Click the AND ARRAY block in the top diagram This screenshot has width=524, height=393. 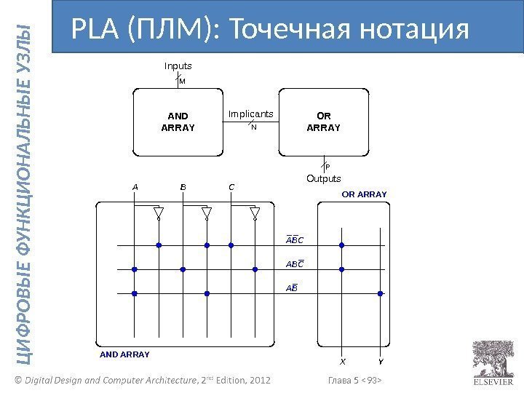tap(178, 122)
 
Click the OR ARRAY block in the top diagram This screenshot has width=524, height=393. tap(323, 122)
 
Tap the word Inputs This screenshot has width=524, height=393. tap(178, 66)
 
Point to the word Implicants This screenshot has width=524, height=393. tap(250, 114)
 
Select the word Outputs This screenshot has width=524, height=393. tap(322, 178)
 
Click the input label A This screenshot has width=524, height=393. tap(135, 186)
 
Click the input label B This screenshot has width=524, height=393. tap(183, 186)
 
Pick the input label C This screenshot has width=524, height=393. tap(231, 186)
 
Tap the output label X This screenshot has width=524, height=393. tap(344, 360)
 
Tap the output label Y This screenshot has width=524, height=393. tap(380, 360)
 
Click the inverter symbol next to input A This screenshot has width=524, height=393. tap(158, 213)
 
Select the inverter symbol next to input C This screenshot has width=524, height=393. tap(255, 213)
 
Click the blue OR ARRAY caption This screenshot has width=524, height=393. tap(365, 194)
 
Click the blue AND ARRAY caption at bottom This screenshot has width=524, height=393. tap(124, 354)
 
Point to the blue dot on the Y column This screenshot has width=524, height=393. tap(379, 293)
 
